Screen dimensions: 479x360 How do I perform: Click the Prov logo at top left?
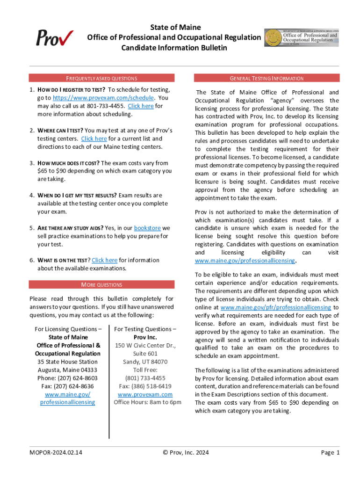(x=55, y=37)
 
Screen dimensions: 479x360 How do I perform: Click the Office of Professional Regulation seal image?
(x=302, y=37)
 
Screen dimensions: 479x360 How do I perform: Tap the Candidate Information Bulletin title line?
(x=174, y=48)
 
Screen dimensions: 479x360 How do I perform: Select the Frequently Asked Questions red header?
(x=101, y=78)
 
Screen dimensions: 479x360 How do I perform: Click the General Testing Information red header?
(x=266, y=78)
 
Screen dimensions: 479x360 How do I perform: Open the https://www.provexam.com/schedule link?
(x=103, y=98)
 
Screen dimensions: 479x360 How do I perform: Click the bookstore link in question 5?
(x=147, y=228)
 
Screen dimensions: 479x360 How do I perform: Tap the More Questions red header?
(x=101, y=284)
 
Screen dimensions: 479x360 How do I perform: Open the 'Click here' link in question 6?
(x=105, y=260)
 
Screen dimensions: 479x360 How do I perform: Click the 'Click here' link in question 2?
(x=94, y=138)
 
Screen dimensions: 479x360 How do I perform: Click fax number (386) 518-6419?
(x=145, y=386)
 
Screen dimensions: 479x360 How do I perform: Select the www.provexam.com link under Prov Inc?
(x=145, y=394)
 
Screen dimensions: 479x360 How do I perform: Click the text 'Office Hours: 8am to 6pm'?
(x=147, y=402)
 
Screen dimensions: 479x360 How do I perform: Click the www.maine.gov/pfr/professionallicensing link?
(x=276, y=307)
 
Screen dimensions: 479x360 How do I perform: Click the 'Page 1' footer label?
(x=330, y=452)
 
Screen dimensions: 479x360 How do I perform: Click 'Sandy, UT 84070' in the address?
(x=145, y=362)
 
